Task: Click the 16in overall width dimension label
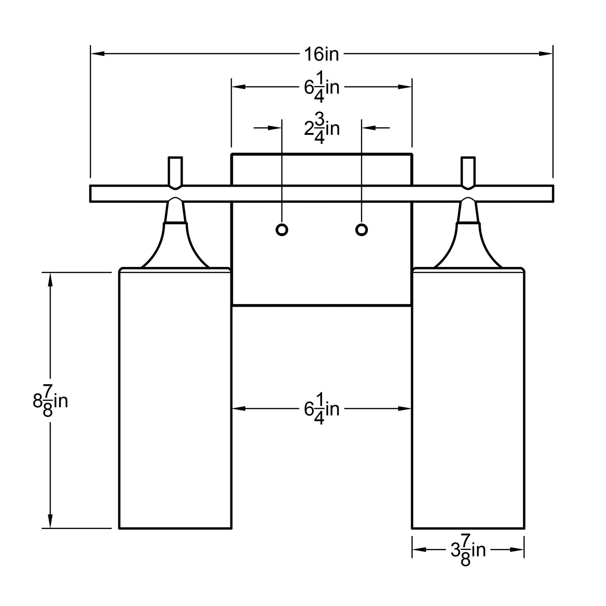click(321, 54)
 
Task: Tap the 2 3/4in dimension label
click(322, 128)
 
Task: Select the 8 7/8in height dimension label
click(50, 401)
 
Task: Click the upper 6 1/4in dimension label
click(322, 87)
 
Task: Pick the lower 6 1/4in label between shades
click(322, 409)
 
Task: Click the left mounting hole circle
click(282, 230)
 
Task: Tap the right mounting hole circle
click(362, 230)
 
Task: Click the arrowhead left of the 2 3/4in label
click(275, 128)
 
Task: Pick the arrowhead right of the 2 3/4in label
click(369, 128)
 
